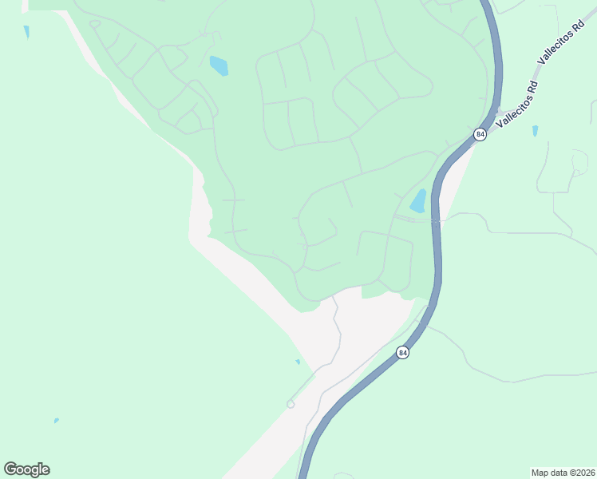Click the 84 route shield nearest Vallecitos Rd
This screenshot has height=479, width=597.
(x=480, y=134)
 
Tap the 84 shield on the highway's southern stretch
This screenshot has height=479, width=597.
(x=403, y=352)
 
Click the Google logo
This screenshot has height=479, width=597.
(x=26, y=469)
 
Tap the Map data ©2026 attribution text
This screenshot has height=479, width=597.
(x=563, y=473)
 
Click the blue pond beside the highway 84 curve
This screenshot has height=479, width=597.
(x=418, y=201)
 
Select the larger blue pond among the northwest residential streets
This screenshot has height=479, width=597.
(x=219, y=65)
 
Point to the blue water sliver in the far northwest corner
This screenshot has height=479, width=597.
(x=26, y=32)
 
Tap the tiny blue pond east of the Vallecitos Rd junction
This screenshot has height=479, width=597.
(x=535, y=130)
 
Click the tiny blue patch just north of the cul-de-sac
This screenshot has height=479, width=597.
(x=298, y=362)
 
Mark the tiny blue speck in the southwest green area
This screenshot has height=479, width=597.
(x=56, y=421)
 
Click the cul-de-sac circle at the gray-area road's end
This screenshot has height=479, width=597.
(x=291, y=405)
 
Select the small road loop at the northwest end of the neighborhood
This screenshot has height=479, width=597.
(x=95, y=24)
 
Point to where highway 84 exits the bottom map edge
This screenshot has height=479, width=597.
(x=302, y=476)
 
